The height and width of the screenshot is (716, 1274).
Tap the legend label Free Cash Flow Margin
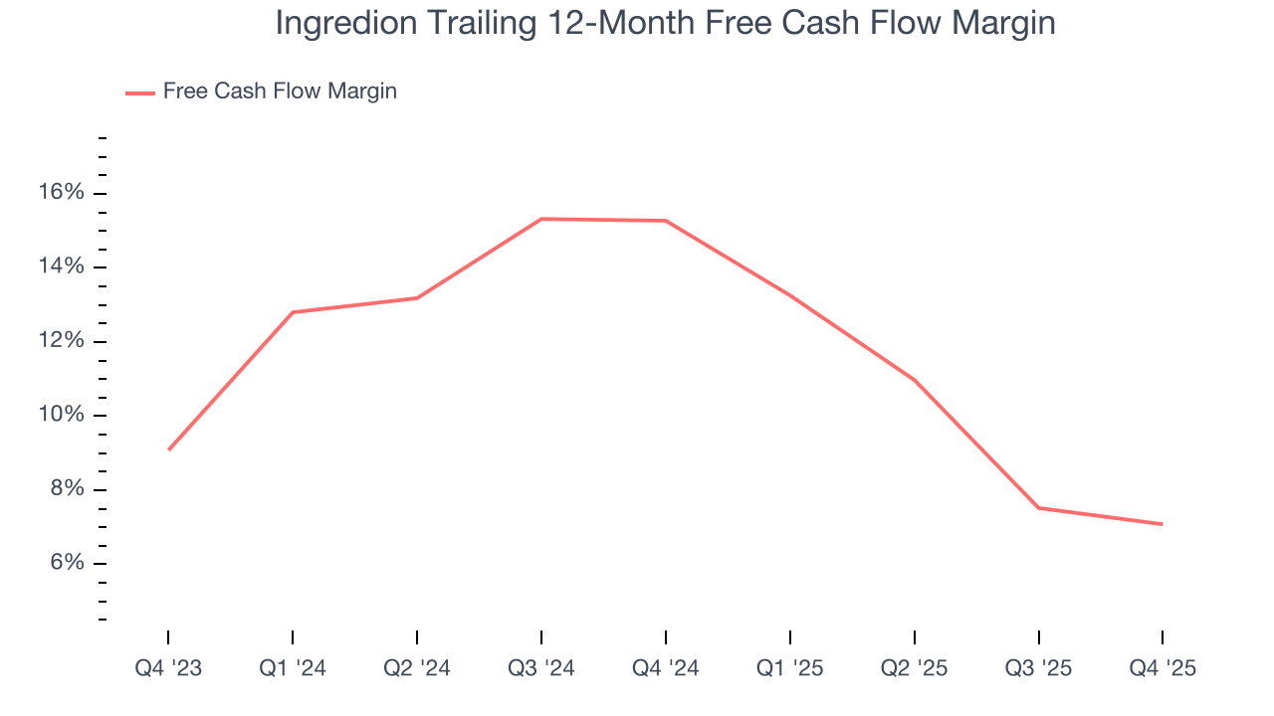(280, 91)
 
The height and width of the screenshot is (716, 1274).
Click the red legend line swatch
(139, 92)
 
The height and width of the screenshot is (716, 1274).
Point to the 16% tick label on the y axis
(62, 193)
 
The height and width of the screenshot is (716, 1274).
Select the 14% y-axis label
(62, 267)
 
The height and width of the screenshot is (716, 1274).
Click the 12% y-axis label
(62, 341)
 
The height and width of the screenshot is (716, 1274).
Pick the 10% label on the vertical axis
(62, 415)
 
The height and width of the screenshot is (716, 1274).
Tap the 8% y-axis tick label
(67, 489)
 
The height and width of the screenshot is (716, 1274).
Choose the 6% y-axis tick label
(67, 563)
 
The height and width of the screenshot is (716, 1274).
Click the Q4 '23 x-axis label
(168, 668)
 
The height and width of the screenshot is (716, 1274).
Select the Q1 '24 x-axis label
(293, 668)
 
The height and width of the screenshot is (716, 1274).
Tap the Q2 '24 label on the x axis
(417, 668)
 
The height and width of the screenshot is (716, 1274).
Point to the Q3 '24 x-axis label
(541, 668)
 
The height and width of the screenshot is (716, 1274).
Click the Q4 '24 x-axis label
(665, 668)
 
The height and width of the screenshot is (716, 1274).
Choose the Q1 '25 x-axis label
(789, 668)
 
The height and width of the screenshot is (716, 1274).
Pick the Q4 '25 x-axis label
(1163, 668)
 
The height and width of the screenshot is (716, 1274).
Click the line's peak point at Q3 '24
(541, 219)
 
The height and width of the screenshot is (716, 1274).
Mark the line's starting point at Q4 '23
(168, 449)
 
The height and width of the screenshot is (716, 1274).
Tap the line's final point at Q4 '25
(1163, 524)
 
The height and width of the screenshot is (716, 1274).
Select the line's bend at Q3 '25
(1038, 508)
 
